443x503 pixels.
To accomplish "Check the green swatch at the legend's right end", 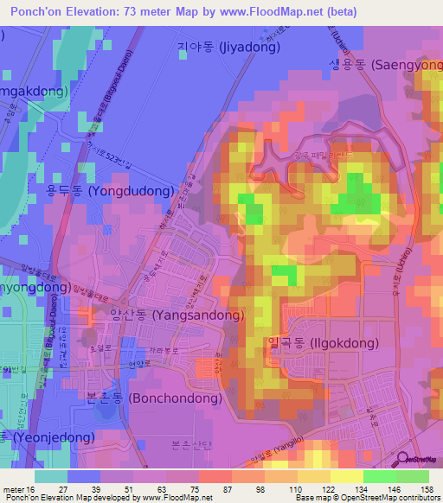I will (412, 475).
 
